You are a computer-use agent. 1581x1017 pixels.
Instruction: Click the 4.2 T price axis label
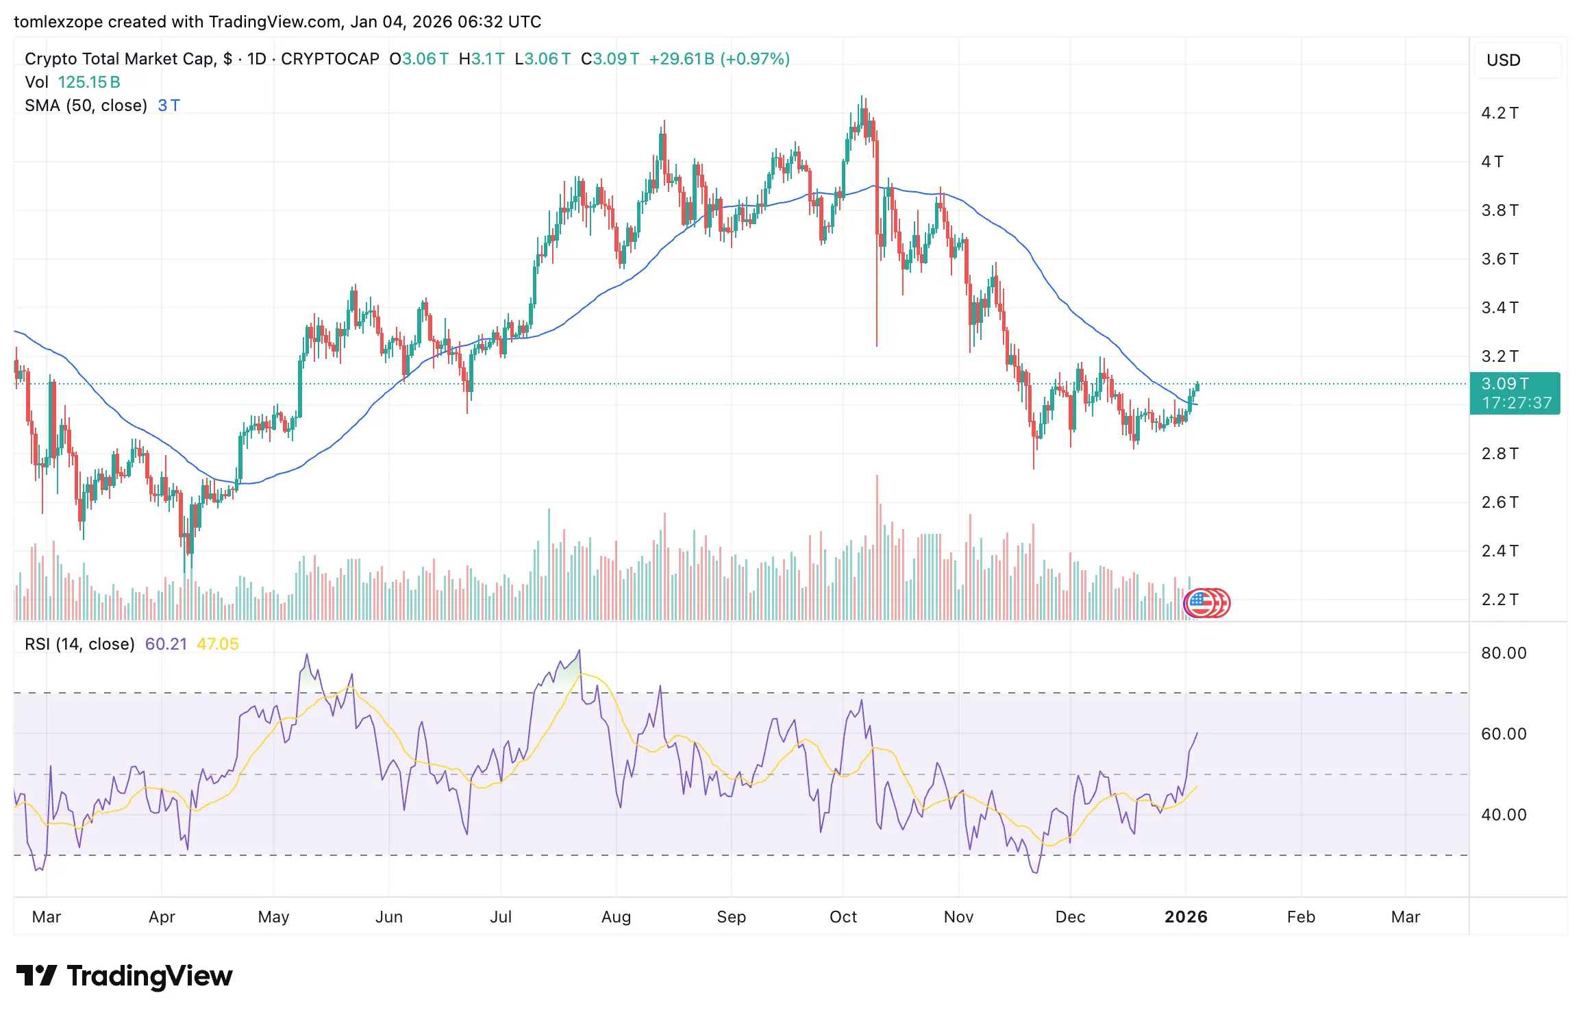(1499, 113)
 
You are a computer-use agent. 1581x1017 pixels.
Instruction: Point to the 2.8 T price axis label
(1499, 454)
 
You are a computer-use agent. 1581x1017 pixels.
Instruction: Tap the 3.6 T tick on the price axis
(1499, 259)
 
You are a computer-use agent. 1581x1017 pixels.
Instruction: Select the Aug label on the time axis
(616, 917)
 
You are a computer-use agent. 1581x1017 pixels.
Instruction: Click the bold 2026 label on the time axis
(1186, 917)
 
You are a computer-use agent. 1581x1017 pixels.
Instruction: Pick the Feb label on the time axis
(1301, 917)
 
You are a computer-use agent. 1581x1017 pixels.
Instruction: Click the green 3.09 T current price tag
(1515, 393)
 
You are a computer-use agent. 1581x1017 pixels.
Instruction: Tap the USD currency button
(1503, 60)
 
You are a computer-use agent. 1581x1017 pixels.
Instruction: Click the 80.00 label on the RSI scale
(1504, 653)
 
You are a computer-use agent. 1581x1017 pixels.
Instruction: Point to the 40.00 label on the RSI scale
(1504, 815)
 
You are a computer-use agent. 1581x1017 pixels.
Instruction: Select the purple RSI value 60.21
(166, 644)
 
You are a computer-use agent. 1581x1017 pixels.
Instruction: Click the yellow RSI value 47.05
(218, 644)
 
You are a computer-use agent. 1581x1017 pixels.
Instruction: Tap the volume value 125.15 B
(89, 82)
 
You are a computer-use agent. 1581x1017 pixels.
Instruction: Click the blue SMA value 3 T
(169, 106)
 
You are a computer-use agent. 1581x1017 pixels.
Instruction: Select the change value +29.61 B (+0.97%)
(719, 59)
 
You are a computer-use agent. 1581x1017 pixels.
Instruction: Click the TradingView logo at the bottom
(124, 976)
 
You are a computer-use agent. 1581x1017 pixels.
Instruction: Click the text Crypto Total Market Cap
(120, 59)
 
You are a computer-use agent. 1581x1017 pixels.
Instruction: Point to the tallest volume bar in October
(877, 548)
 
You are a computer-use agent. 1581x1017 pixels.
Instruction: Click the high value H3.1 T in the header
(482, 59)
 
